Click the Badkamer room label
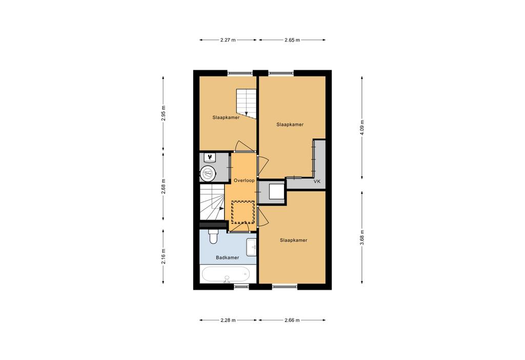coord(227,257)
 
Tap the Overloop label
coord(244,181)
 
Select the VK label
coord(317,182)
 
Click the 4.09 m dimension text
coord(362,128)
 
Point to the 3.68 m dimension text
coord(362,237)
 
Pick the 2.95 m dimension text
coord(164,113)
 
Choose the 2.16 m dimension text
coord(164,256)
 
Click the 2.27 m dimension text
coord(228,40)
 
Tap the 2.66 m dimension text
coord(292,320)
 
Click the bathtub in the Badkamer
coord(226,274)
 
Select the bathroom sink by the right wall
coord(251,247)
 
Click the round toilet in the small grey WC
coord(208,173)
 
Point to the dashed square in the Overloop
coord(243,212)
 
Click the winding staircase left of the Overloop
coord(212,203)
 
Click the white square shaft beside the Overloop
coord(277,192)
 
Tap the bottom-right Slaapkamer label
coord(294,240)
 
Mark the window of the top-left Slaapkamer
coord(240,73)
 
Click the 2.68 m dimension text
coord(164,187)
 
